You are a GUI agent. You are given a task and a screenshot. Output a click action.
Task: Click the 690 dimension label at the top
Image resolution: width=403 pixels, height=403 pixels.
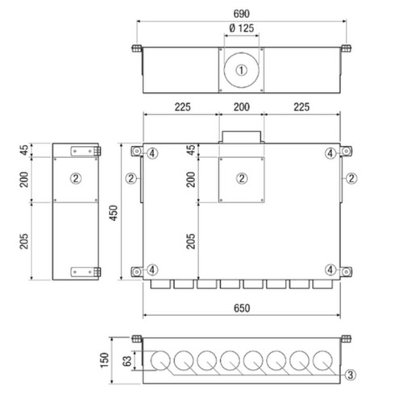click(241, 14)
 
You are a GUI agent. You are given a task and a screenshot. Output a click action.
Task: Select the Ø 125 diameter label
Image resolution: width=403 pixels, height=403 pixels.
click(242, 28)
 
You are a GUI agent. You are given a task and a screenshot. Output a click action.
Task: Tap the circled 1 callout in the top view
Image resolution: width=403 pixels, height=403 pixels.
click(241, 70)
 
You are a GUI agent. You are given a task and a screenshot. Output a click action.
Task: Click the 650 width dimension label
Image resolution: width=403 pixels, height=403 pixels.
click(242, 308)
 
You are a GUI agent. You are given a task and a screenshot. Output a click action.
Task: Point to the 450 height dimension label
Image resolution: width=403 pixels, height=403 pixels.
click(114, 213)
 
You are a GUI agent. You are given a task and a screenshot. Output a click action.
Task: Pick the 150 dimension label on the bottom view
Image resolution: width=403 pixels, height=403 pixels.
click(104, 360)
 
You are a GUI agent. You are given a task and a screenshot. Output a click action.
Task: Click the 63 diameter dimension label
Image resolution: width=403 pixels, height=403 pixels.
click(127, 361)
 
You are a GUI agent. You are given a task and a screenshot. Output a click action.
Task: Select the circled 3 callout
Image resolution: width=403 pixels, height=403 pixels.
click(350, 375)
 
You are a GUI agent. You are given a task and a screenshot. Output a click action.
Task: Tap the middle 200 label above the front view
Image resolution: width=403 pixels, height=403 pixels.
click(242, 107)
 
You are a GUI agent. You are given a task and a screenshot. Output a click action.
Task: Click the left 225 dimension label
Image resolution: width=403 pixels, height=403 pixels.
click(183, 107)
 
